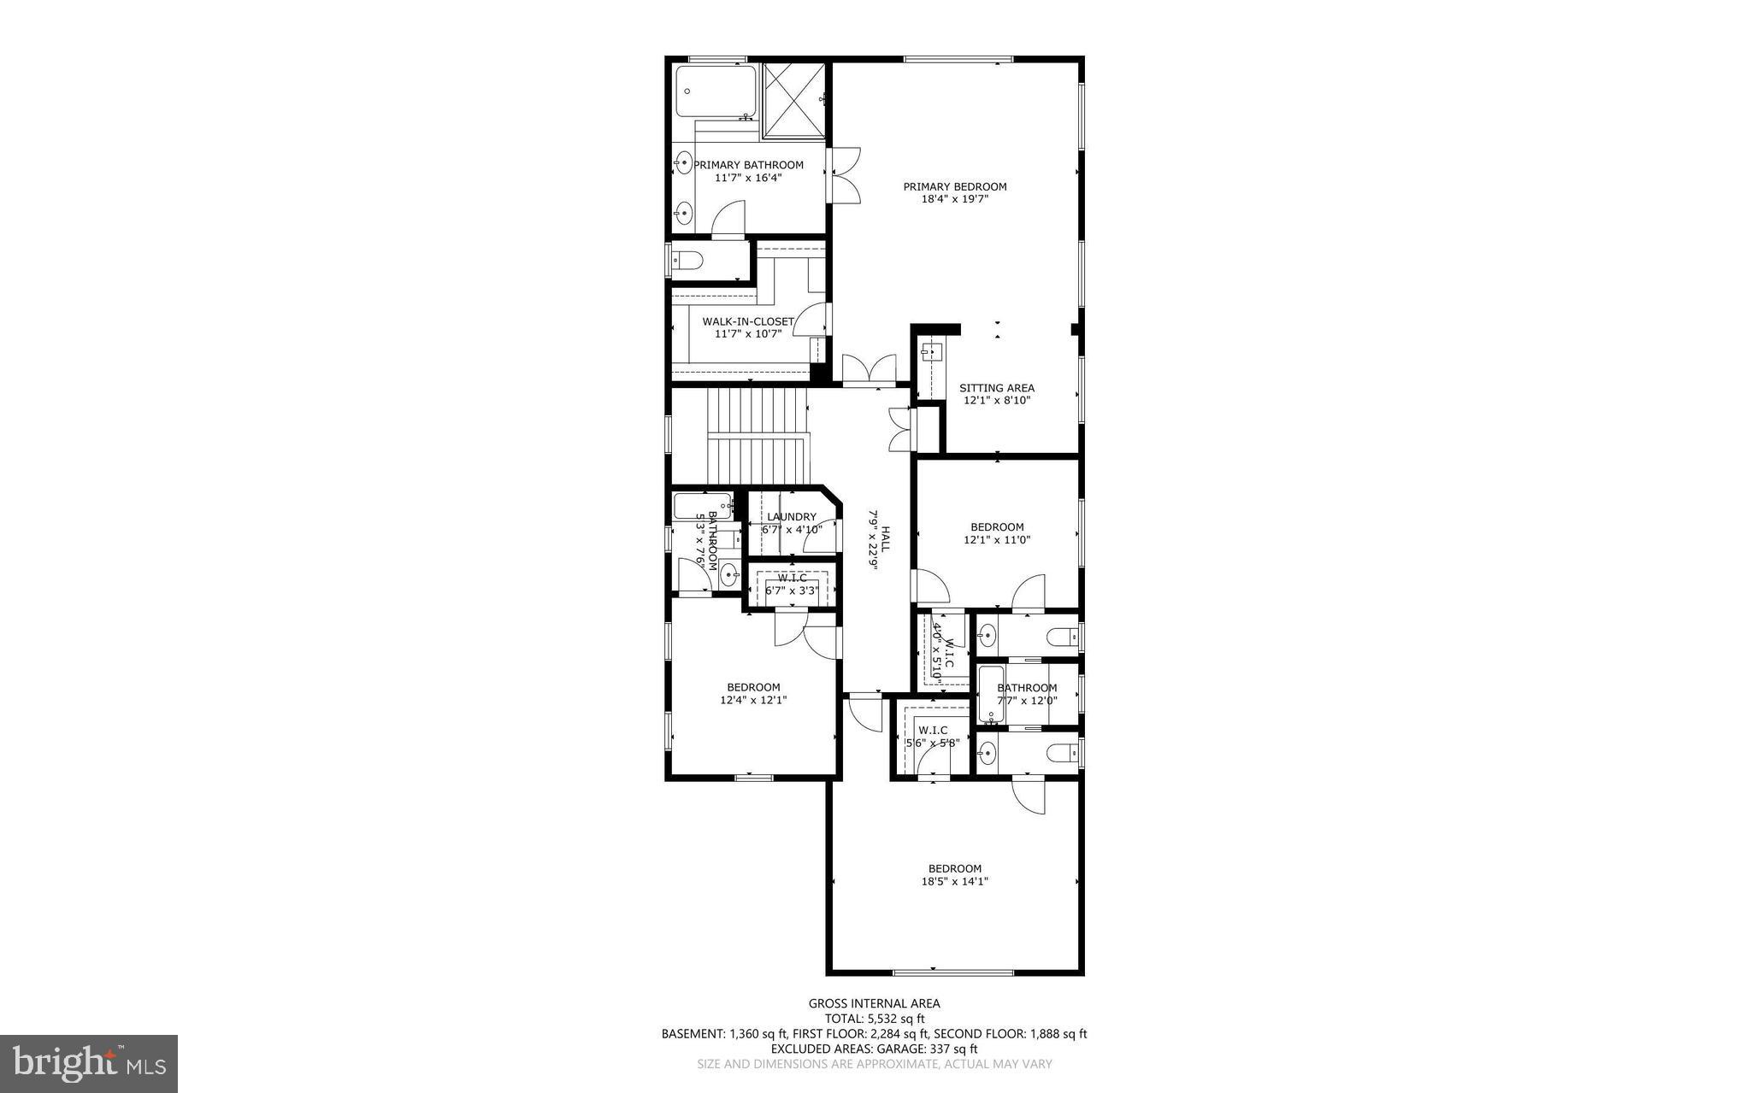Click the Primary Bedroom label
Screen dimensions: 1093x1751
click(954, 186)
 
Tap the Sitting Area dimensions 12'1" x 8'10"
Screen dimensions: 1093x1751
click(997, 400)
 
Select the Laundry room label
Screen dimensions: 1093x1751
click(791, 517)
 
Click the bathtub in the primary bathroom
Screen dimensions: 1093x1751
click(716, 91)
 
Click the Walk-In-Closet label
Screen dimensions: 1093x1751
click(747, 321)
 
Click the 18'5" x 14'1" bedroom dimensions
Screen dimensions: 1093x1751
click(954, 881)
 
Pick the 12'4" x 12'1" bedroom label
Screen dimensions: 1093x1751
click(753, 687)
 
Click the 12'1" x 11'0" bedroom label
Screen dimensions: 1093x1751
click(997, 527)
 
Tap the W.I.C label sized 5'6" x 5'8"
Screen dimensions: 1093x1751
click(932, 730)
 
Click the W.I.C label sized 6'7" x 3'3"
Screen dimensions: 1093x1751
click(792, 579)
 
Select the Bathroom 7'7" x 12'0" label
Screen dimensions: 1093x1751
click(1027, 688)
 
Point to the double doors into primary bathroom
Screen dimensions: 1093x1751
click(842, 175)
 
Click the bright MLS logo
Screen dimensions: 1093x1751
click(89, 1063)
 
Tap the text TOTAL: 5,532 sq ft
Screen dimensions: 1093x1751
click(874, 1019)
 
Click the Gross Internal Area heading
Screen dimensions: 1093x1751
click(874, 1003)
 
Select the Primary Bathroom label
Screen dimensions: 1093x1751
click(748, 165)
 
